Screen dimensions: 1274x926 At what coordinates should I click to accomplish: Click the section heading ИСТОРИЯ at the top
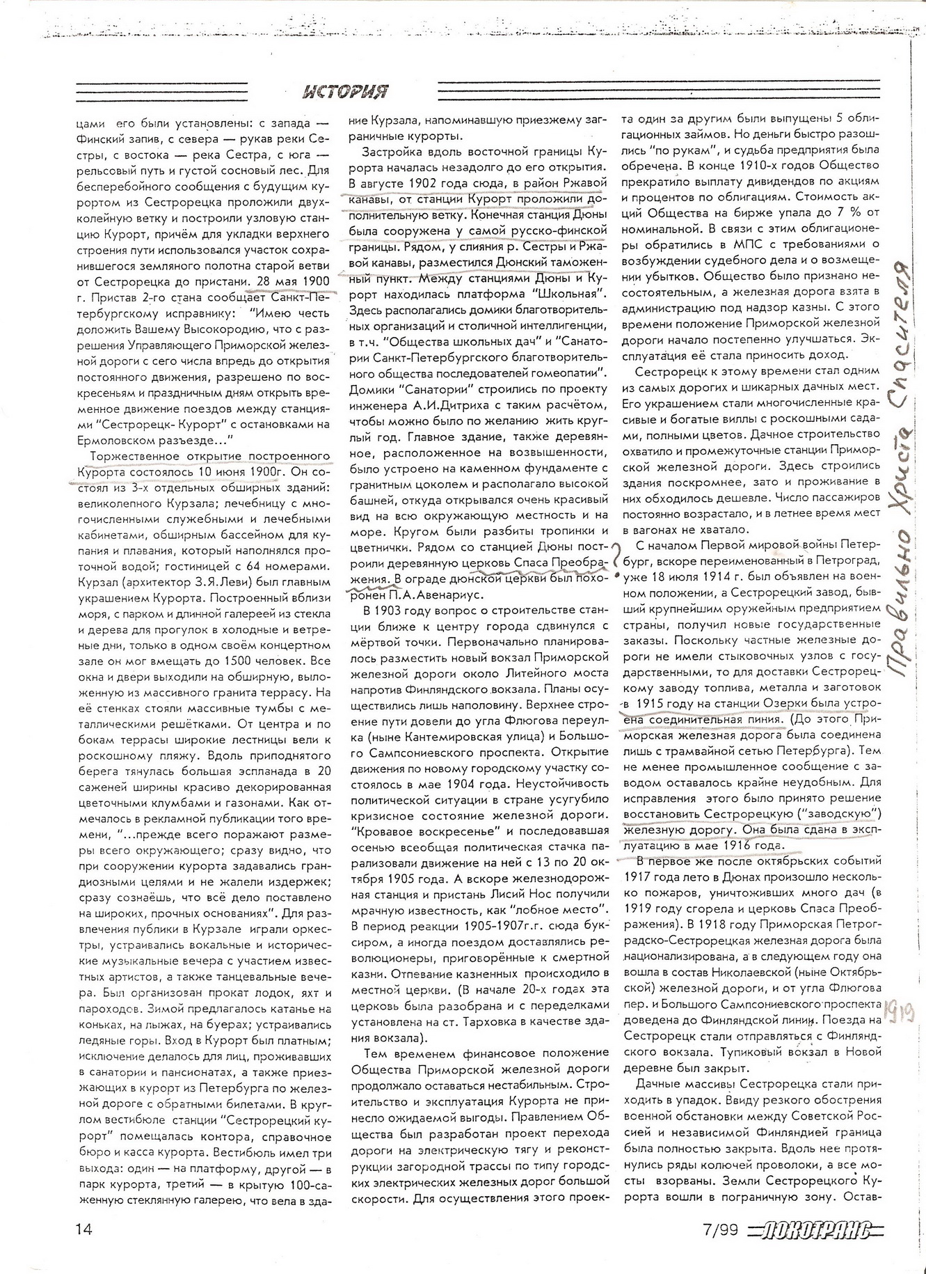(346, 91)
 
